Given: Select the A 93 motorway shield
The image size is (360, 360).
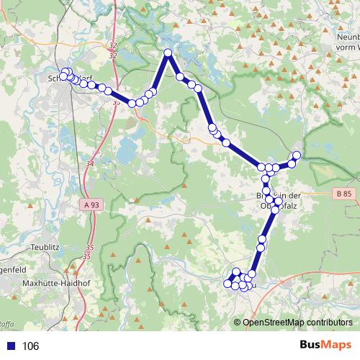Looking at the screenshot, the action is (91, 205).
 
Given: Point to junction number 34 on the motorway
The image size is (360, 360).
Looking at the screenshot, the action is (89, 165).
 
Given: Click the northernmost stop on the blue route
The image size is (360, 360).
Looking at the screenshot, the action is (168, 53).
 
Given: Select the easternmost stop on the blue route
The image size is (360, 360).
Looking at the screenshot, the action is (296, 156).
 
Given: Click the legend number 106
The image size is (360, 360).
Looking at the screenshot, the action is (30, 346).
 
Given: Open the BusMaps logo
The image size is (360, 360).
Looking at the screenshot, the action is (325, 346).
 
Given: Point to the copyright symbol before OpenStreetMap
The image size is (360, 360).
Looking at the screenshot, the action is (237, 323).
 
